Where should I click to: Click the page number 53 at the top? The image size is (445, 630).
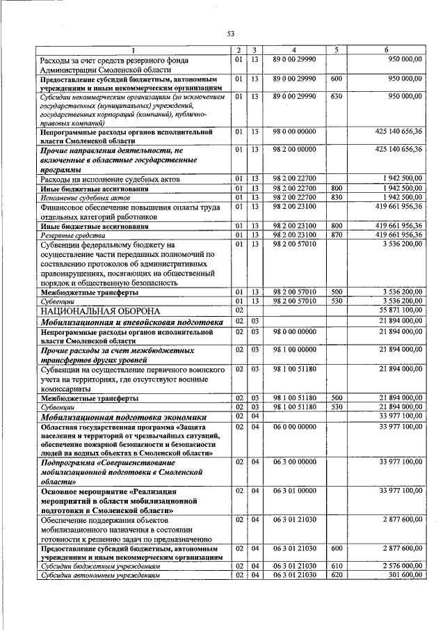point(230,33)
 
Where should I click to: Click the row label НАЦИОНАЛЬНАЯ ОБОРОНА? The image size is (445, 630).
point(100,310)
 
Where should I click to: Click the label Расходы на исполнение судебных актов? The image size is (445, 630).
point(111,179)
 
